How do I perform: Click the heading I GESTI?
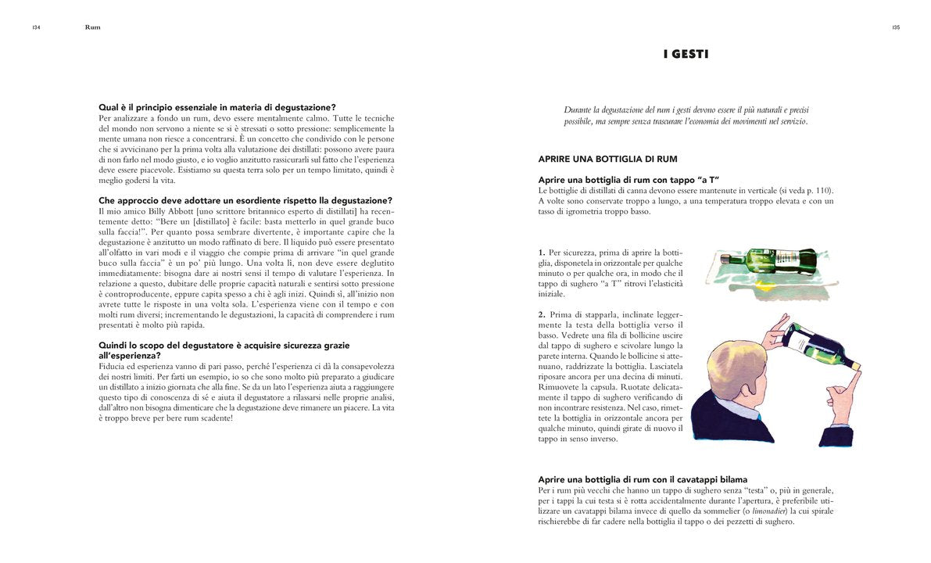pos(686,54)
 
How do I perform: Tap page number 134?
pos(36,27)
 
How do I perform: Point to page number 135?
pos(895,27)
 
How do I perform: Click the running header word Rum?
pos(92,27)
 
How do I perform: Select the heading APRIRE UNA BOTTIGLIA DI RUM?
pos(607,159)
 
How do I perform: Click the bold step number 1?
pos(541,253)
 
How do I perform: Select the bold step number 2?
pos(541,314)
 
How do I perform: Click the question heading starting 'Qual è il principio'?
pos(217,107)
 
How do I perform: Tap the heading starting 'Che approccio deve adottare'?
pos(245,201)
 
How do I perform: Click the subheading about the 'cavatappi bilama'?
pos(643,479)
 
